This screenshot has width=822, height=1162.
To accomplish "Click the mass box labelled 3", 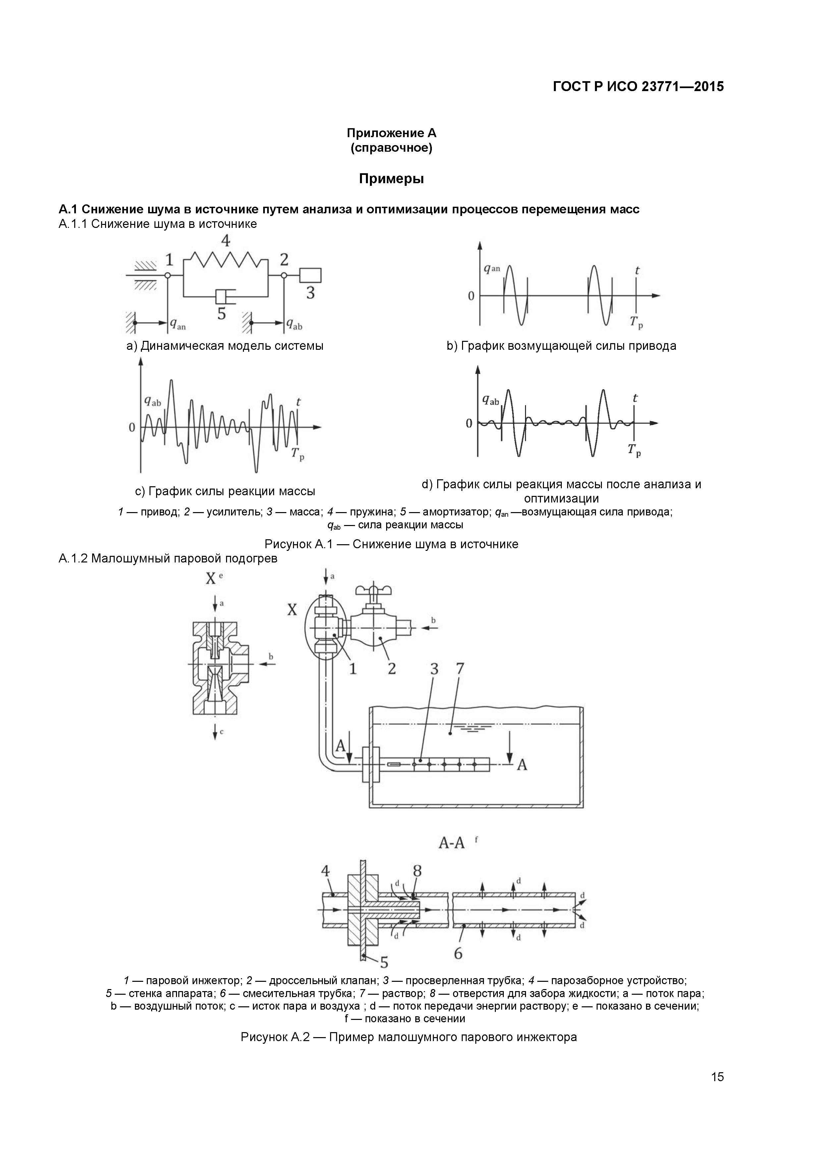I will tap(310, 275).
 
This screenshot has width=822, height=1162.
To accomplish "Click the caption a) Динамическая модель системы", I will tap(225, 346).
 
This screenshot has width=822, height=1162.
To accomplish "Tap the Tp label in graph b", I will tap(636, 322).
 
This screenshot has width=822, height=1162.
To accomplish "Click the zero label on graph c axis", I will tap(132, 428).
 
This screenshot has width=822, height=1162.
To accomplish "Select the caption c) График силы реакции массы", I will tap(225, 491).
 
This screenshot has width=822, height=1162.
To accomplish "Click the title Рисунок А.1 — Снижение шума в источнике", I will tap(391, 544).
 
